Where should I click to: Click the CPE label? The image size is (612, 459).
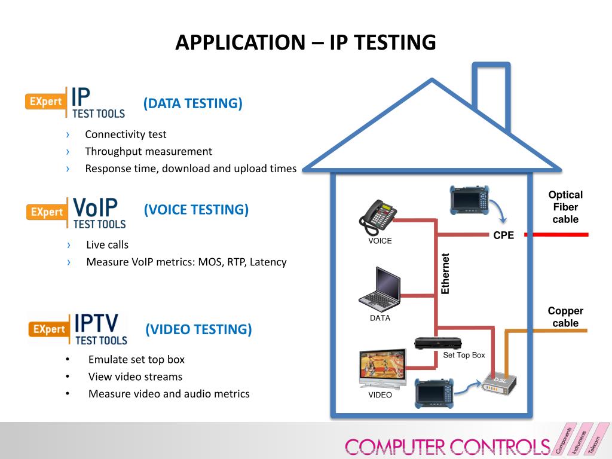pyautogui.click(x=503, y=235)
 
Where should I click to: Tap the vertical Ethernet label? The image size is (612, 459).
pyautogui.click(x=445, y=274)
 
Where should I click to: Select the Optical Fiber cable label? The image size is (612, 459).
pyautogui.click(x=565, y=207)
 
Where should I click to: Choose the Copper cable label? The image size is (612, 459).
pyautogui.click(x=565, y=317)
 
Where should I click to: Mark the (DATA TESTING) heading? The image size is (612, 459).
pyautogui.click(x=192, y=103)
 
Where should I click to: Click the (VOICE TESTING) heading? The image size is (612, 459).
pyautogui.click(x=196, y=210)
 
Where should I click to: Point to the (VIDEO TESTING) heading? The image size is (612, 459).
pyautogui.click(x=198, y=329)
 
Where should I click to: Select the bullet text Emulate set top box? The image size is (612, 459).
pyautogui.click(x=136, y=359)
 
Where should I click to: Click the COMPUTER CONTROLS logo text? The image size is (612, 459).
pyautogui.click(x=447, y=446)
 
